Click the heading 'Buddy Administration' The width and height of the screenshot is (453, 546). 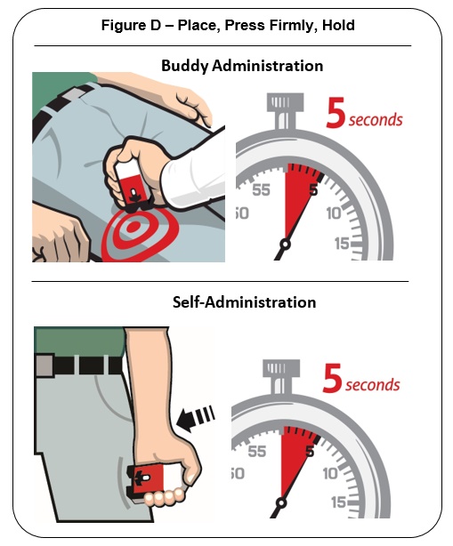tap(242, 66)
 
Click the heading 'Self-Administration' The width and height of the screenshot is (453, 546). tap(244, 302)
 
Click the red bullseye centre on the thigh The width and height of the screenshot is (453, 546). tap(133, 227)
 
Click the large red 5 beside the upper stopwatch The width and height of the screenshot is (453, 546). tap(336, 112)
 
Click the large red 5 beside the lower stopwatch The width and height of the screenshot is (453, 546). tap(332, 378)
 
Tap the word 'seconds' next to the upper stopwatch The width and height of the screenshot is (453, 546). tap(376, 120)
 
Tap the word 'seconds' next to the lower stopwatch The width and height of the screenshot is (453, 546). tap(373, 385)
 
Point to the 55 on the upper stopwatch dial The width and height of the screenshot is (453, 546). tap(261, 190)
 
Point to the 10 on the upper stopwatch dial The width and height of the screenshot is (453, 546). tap(334, 213)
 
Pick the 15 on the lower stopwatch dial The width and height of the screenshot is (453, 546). tap(338, 502)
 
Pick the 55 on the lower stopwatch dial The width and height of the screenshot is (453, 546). tap(257, 452)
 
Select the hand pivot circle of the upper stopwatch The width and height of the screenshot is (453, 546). tap(286, 244)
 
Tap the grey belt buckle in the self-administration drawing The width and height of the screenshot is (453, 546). tap(44, 365)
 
